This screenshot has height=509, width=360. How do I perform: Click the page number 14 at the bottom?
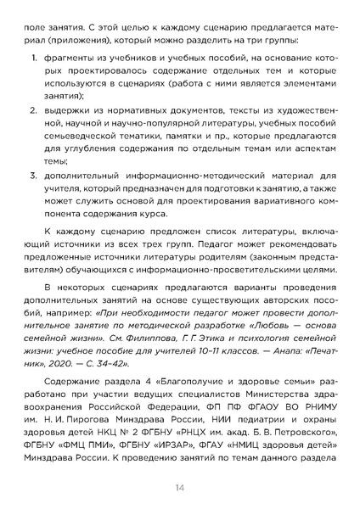[x=180, y=487]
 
